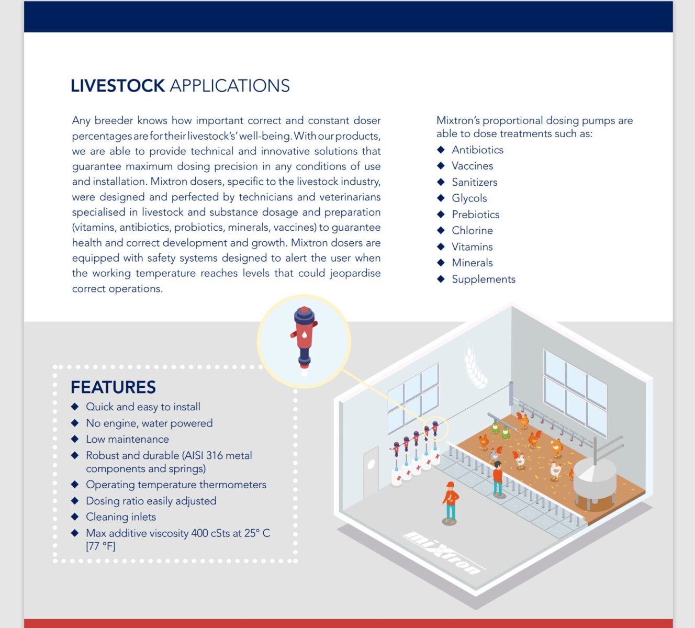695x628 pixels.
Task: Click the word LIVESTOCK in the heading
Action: [118, 86]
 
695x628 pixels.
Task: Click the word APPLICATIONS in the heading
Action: [230, 86]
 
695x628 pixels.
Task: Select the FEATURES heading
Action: [113, 387]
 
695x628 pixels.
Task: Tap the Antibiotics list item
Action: [477, 150]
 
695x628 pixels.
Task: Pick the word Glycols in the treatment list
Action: [469, 198]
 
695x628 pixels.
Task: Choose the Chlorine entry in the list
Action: [472, 230]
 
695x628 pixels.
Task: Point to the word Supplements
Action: [484, 279]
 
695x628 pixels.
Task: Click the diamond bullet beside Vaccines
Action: [441, 166]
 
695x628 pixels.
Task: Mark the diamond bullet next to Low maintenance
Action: [75, 439]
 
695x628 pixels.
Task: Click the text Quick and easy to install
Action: [143, 407]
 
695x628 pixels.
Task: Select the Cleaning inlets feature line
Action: [121, 517]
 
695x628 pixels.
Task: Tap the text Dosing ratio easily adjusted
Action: [151, 501]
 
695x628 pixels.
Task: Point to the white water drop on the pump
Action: [304, 334]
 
